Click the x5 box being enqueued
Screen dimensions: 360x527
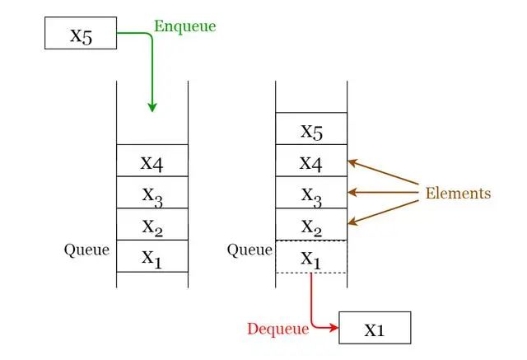(81, 35)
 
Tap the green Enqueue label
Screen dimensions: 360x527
(184, 26)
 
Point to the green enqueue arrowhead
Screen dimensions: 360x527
(152, 106)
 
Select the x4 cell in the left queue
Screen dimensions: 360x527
(152, 161)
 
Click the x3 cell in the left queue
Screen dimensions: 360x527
(152, 193)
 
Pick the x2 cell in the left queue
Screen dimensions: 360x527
(152, 224)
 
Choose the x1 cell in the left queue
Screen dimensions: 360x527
(152, 256)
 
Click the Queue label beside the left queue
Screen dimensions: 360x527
(86, 250)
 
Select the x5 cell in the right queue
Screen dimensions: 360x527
(311, 129)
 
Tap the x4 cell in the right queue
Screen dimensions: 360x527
(311, 161)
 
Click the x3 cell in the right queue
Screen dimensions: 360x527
(311, 193)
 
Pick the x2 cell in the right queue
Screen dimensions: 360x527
(311, 224)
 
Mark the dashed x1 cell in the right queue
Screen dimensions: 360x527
(311, 257)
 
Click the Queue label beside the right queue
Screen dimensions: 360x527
(249, 250)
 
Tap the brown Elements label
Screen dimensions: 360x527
(458, 194)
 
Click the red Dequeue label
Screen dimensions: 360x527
(277, 329)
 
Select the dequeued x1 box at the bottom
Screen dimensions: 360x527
(374, 328)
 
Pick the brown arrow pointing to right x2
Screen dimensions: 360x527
(383, 211)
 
